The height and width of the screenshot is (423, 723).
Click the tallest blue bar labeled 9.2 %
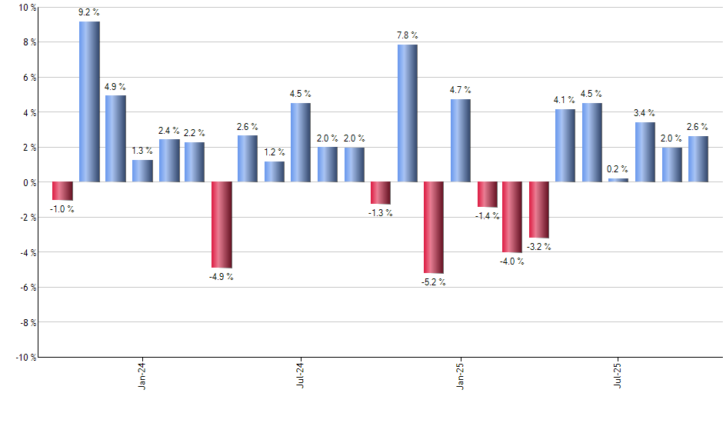[89, 102]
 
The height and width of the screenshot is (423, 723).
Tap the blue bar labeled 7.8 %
[408, 113]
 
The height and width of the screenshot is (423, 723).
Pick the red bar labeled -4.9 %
[222, 225]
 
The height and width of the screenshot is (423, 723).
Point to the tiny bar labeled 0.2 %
[618, 180]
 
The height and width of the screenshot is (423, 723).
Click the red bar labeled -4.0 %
[513, 217]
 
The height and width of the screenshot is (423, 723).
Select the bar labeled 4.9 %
[115, 138]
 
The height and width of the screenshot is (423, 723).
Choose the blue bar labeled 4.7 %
[461, 141]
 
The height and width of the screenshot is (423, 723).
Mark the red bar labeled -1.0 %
[62, 191]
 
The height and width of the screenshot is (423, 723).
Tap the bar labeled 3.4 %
[645, 152]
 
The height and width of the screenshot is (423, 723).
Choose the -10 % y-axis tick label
[25, 358]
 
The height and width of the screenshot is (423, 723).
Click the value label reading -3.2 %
[538, 247]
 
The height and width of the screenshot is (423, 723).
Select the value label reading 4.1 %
[565, 99]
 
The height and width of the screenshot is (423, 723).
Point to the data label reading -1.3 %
[381, 213]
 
